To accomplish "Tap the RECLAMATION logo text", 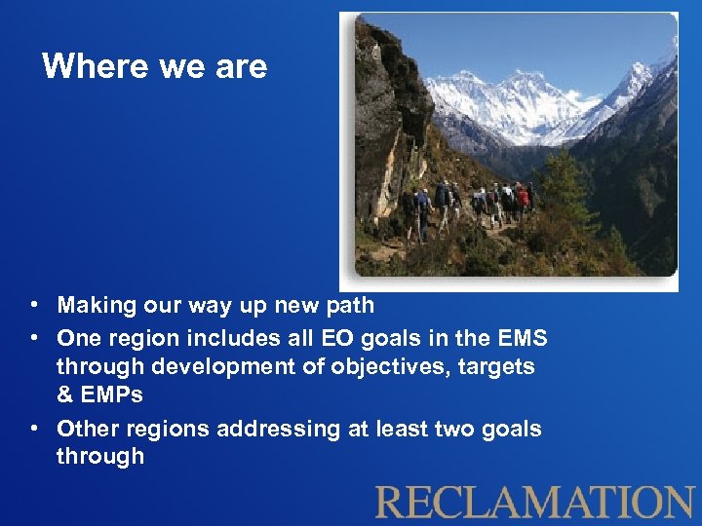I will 534,502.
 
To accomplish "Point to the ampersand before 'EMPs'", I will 64,395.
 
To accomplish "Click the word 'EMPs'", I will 112,395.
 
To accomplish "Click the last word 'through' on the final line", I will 99,457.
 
